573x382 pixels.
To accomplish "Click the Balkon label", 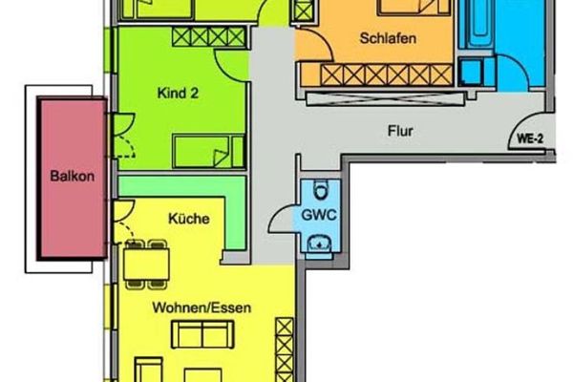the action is pos(72,176).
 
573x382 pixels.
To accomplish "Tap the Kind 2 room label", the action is pos(178,93).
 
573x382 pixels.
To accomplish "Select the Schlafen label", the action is pos(388,38).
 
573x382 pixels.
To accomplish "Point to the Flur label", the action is pos(400,131).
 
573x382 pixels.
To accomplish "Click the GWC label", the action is pos(319,215).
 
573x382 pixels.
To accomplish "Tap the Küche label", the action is pos(189,219).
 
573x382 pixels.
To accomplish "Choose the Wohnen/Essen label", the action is pos(202,308).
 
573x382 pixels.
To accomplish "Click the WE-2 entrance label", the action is pos(530,138).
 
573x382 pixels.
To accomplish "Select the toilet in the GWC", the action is pos(321,190).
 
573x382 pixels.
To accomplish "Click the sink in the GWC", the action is pos(319,244).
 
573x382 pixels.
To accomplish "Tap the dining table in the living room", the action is pos(146,264).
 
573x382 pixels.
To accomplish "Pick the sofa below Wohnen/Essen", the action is pos(202,334).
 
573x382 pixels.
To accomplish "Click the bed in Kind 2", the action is pos(208,151).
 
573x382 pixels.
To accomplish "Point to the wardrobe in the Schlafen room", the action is pos(387,74).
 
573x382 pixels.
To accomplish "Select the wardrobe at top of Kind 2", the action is pos(208,37).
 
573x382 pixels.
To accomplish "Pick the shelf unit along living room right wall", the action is pos(285,350).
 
